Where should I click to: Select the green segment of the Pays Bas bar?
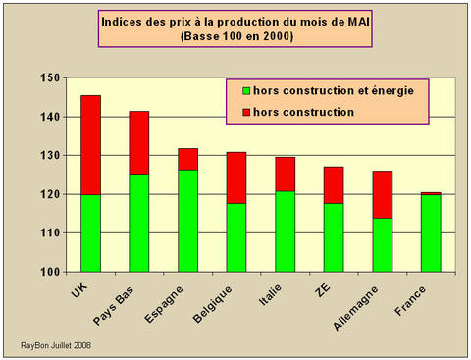[x=138, y=223]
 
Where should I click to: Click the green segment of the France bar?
[x=429, y=233]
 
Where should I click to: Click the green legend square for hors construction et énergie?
[x=245, y=91]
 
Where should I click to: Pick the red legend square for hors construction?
[x=245, y=112]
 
